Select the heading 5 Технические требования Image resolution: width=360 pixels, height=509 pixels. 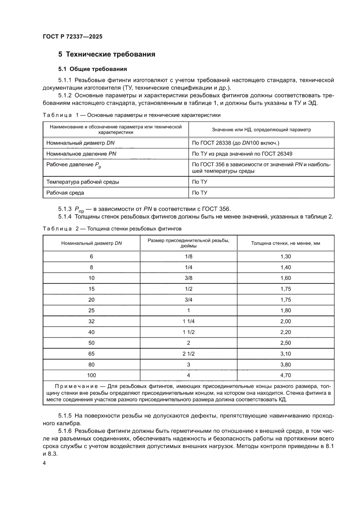click(x=107, y=55)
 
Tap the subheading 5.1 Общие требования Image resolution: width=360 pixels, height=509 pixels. click(x=93, y=69)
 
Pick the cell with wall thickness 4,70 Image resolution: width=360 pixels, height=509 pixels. click(x=286, y=375)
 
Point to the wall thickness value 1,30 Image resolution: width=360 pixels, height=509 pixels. click(x=286, y=256)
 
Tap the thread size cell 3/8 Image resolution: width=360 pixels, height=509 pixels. click(x=188, y=277)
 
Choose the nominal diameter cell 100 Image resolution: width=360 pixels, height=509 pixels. click(x=91, y=375)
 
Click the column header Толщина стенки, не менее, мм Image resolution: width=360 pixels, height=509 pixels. click(x=286, y=243)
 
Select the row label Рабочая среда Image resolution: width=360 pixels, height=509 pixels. click(x=65, y=192)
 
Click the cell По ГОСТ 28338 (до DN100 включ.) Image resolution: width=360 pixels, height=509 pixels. click(x=236, y=142)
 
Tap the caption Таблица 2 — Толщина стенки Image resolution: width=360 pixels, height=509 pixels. click(x=112, y=228)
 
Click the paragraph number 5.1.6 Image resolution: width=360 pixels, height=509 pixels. click(x=65, y=430)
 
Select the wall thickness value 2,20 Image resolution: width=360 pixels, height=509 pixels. click(x=286, y=331)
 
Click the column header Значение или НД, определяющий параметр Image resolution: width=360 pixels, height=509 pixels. click(x=262, y=129)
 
